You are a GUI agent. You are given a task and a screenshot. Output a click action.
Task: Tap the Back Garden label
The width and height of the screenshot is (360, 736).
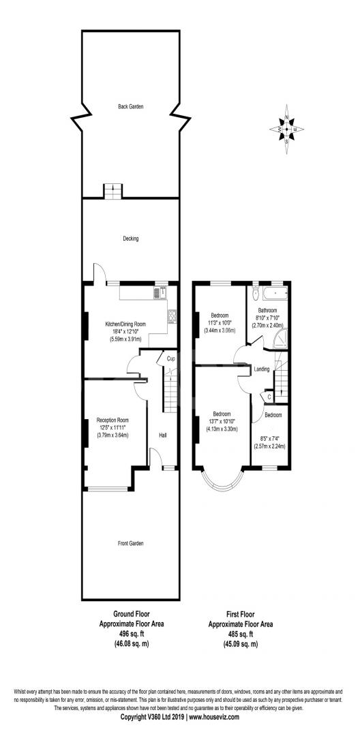130,107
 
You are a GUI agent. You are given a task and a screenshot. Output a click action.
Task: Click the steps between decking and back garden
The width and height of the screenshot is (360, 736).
112,191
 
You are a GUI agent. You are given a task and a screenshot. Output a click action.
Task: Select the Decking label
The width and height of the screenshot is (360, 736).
130,239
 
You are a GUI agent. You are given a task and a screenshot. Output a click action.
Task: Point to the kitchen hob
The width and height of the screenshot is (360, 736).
172,316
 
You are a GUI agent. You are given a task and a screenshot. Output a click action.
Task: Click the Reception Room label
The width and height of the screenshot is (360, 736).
112,420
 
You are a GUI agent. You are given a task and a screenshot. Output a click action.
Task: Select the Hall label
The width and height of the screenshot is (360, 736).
163,435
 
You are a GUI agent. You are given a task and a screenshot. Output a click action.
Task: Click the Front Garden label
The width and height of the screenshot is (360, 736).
130,543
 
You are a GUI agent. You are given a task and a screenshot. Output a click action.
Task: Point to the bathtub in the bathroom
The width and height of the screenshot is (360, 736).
275,294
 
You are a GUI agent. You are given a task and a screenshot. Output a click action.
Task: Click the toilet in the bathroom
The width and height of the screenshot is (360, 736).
254,293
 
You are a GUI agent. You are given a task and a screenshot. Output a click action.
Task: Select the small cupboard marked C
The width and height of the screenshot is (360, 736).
269,395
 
